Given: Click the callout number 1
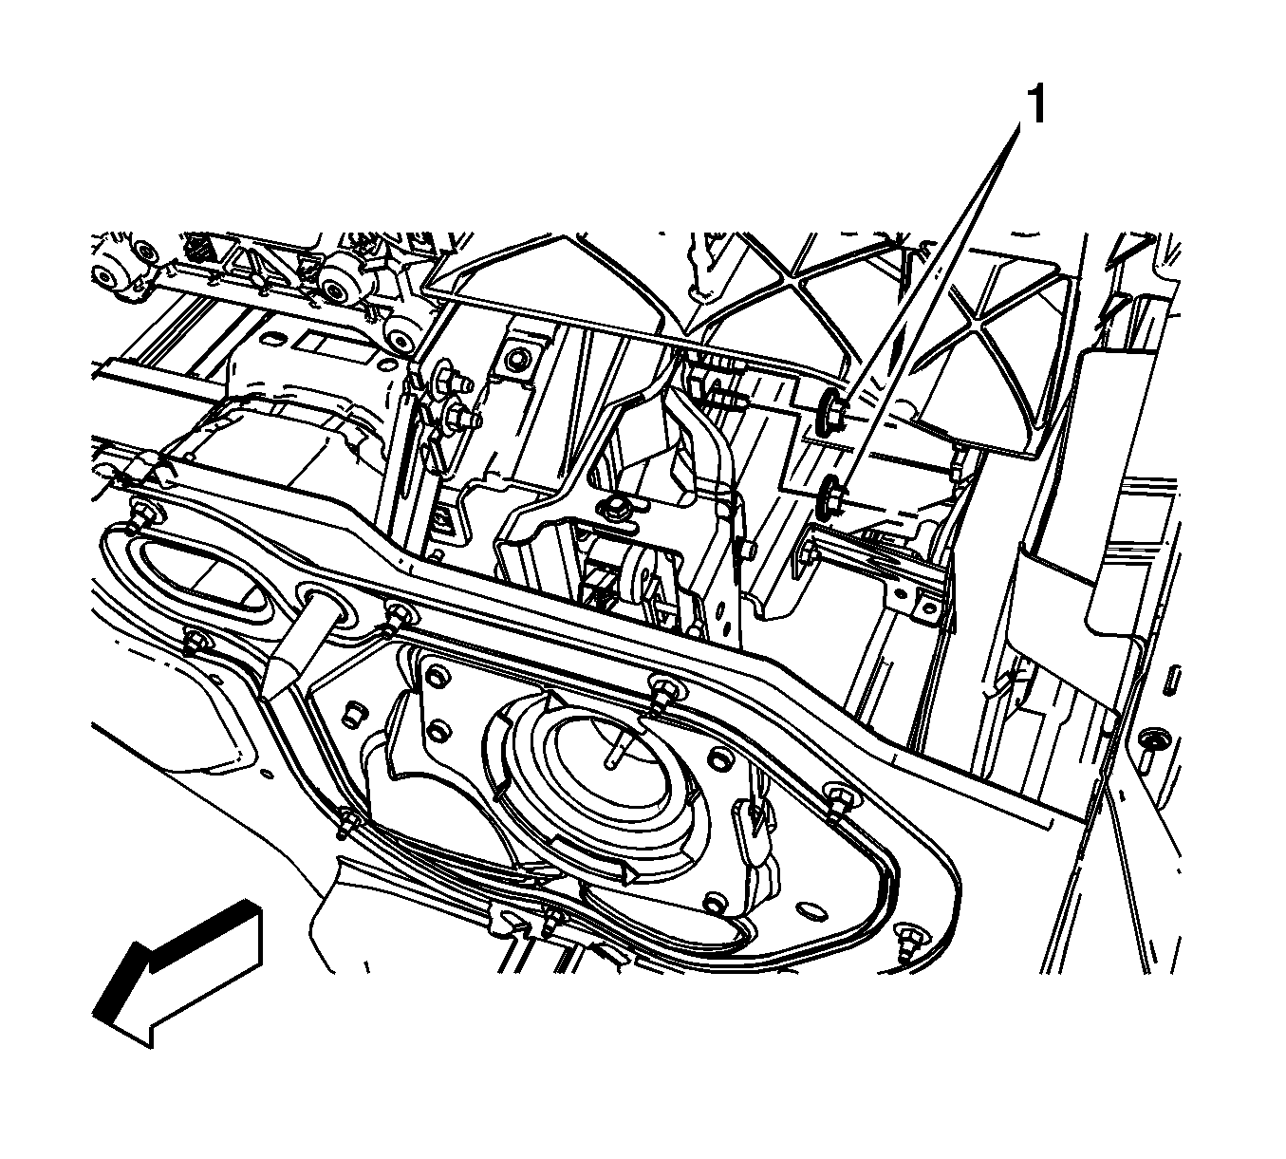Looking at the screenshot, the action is pyautogui.click(x=1036, y=105).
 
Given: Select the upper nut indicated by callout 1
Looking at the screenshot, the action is pyautogui.click(x=831, y=410).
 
